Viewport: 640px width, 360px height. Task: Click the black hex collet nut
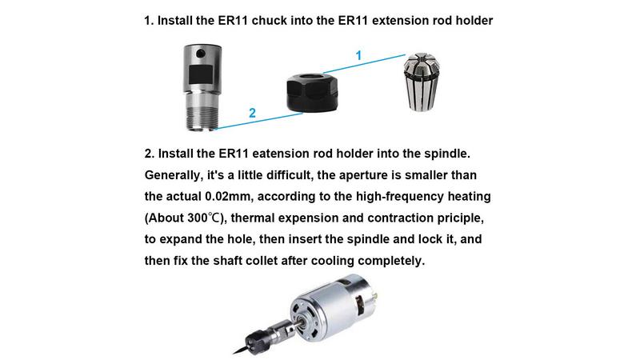click(x=312, y=92)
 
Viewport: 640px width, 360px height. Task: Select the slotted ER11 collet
click(x=422, y=82)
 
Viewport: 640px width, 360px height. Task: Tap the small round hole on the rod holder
click(x=201, y=54)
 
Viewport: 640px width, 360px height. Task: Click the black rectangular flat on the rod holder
click(x=202, y=77)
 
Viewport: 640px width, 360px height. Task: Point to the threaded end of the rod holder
click(x=201, y=117)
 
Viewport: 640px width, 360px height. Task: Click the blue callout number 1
click(x=358, y=55)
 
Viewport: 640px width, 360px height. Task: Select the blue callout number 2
click(x=252, y=113)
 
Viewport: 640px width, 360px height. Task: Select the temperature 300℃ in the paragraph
click(x=204, y=218)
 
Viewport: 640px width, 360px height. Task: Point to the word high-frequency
click(x=399, y=197)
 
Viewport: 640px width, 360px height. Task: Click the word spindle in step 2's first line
click(x=447, y=154)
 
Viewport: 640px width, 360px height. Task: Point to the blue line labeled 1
click(x=365, y=64)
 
